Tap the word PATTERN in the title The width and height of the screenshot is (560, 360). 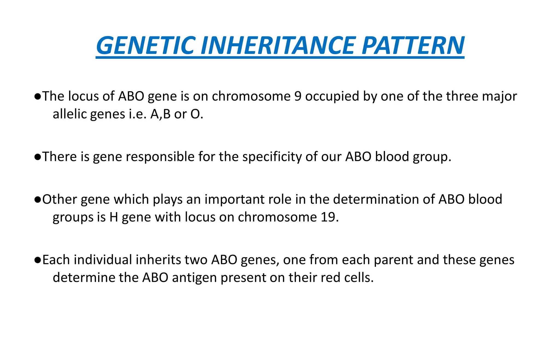click(x=413, y=46)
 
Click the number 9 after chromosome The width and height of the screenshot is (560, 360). click(x=298, y=96)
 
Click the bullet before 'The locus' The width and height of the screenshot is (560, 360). click(x=38, y=96)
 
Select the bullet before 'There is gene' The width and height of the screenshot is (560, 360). click(x=38, y=157)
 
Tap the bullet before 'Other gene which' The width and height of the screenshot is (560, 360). click(x=38, y=200)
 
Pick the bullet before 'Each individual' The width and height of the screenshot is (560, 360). click(x=38, y=260)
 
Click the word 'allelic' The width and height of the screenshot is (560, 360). click(x=70, y=114)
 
